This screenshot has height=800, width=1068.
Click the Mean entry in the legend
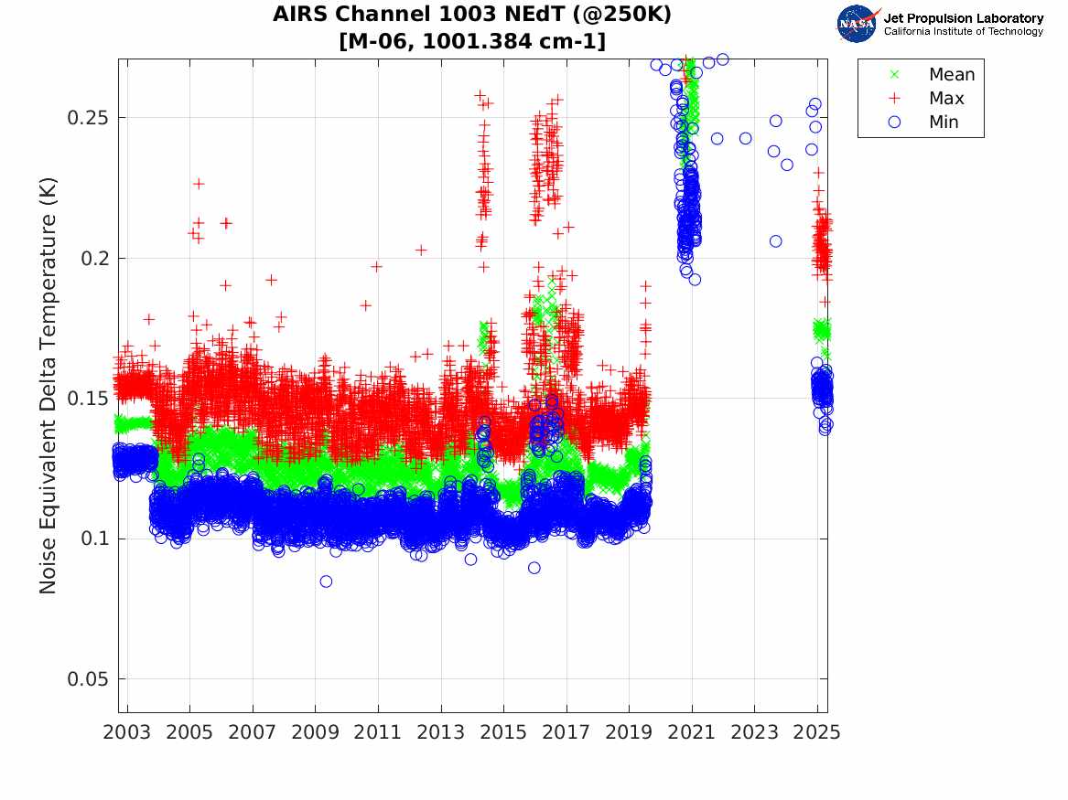coord(951,75)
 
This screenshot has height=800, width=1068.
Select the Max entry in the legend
coord(945,99)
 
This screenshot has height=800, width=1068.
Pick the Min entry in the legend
coord(944,123)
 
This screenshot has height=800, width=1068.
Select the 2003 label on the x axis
coord(127,732)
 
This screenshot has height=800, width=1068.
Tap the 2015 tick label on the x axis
coord(503,732)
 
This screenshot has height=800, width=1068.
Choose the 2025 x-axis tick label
coord(817,732)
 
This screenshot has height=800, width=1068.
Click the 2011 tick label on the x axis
coord(378,732)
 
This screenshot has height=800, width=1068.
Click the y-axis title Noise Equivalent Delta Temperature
coord(49,385)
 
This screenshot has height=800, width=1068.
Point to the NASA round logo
coord(857,24)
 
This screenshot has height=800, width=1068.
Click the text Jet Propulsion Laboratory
coord(963,17)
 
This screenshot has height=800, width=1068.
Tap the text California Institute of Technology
coord(963,31)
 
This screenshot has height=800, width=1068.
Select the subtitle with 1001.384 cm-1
coord(472,41)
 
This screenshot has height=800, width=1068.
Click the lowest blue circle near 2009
coord(326,581)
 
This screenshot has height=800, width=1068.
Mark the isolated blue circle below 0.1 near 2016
coord(534,568)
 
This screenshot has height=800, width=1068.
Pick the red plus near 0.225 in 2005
coord(199,184)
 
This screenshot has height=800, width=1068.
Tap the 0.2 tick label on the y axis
coord(95,258)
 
